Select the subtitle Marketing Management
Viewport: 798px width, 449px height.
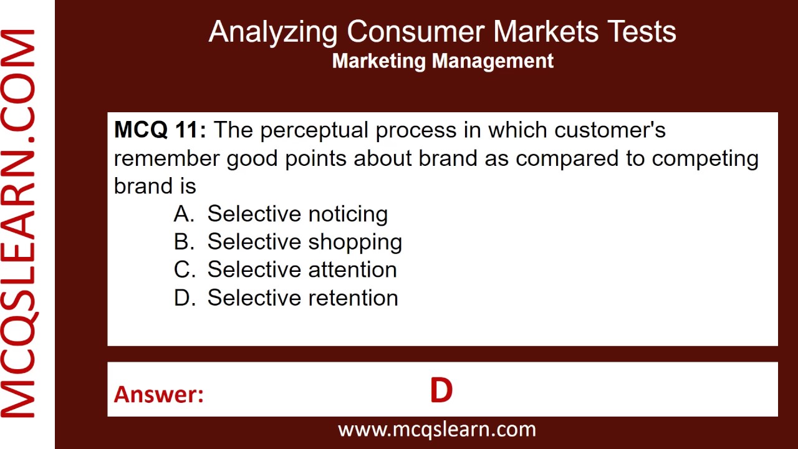click(x=443, y=61)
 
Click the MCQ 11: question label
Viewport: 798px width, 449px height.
click(x=160, y=130)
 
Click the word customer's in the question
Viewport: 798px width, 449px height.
click(x=610, y=130)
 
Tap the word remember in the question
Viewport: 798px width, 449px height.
click(x=167, y=158)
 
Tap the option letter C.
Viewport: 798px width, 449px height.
click(x=184, y=270)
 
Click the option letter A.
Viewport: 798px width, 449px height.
click(x=184, y=214)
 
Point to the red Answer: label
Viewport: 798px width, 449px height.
click(x=159, y=394)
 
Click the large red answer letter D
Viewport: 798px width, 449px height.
click(x=441, y=391)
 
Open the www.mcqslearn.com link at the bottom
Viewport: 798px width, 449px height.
click(x=436, y=430)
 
